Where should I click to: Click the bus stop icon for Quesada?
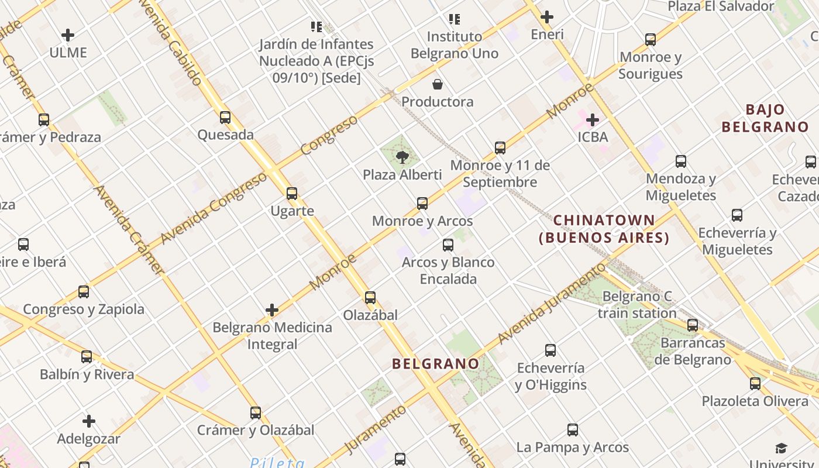point(225,118)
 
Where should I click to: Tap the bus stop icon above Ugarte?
point(292,194)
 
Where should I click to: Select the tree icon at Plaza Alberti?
point(402,157)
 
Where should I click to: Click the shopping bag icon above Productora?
point(438,84)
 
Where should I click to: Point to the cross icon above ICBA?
point(593,120)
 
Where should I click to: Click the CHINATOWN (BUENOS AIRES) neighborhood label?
point(604,229)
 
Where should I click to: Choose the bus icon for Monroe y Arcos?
point(422,204)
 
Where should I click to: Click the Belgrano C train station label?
point(637,305)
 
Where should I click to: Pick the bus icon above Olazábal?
point(370,298)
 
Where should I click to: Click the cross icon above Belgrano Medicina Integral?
point(272,310)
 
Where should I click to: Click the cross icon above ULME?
point(68,35)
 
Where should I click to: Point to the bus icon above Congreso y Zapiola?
point(84,292)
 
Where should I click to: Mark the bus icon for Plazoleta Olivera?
point(755,384)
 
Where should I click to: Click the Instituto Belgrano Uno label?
point(455,45)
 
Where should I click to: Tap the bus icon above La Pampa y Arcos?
point(573,430)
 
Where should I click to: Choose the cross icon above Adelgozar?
point(89,421)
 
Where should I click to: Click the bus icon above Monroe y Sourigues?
point(651,40)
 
